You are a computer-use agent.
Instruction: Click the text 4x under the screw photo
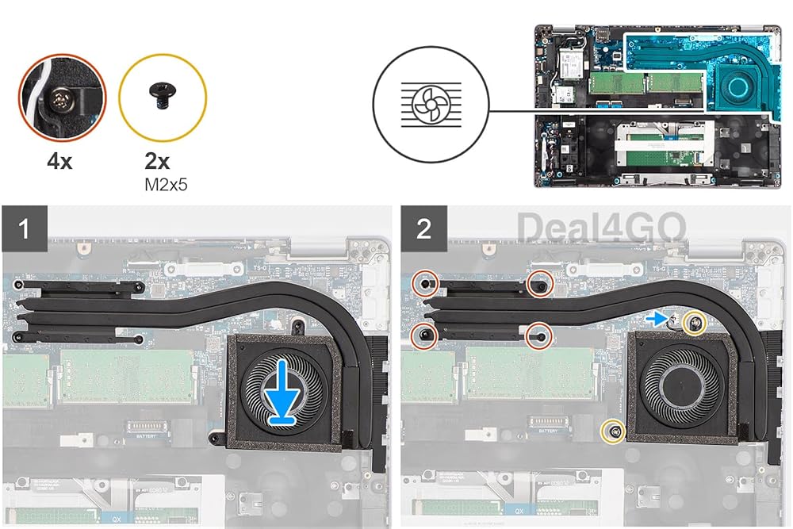point(59,162)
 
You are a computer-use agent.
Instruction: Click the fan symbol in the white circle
point(430,110)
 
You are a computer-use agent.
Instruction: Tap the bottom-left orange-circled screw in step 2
point(426,335)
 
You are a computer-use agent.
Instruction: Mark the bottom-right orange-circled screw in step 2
point(540,335)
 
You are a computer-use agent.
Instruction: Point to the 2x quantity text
point(157,162)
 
